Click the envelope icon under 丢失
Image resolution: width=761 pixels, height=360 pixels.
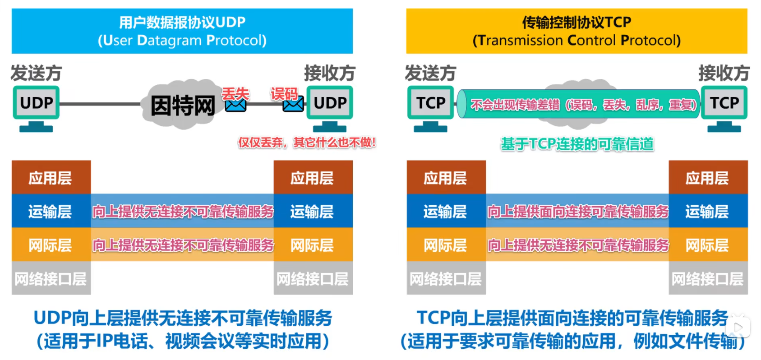235,105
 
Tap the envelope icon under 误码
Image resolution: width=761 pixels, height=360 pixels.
293,104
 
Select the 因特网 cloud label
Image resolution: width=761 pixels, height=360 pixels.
183,106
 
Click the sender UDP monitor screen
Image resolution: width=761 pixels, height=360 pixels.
37,102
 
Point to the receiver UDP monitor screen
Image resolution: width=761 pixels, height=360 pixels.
330,102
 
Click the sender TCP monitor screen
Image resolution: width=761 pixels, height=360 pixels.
430,102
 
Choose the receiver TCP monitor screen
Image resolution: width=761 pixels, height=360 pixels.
724,102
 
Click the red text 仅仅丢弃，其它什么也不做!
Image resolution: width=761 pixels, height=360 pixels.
307,143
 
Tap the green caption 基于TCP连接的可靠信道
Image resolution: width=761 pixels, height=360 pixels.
577,144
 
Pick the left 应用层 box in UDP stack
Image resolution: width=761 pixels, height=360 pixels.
51,177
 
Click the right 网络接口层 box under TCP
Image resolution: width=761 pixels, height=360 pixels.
708,278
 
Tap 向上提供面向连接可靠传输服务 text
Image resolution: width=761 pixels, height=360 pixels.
577,212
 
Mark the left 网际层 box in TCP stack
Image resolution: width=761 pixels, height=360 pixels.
446,245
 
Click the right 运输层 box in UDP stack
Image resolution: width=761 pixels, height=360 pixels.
313,211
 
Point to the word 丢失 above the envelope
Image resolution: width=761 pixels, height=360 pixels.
235,93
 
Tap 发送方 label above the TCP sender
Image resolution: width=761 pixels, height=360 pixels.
430,73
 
